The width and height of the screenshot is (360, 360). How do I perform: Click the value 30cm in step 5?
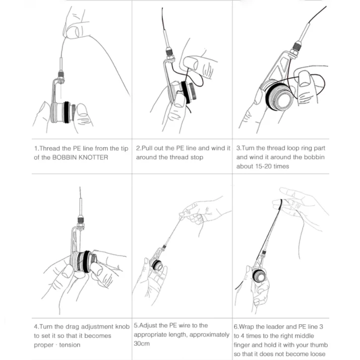[x=142, y=344]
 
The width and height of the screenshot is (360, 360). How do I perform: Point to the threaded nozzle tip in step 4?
[x=79, y=218]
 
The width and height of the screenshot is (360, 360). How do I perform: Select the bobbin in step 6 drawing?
[x=260, y=275]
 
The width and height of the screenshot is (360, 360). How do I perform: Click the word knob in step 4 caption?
[x=122, y=327]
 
